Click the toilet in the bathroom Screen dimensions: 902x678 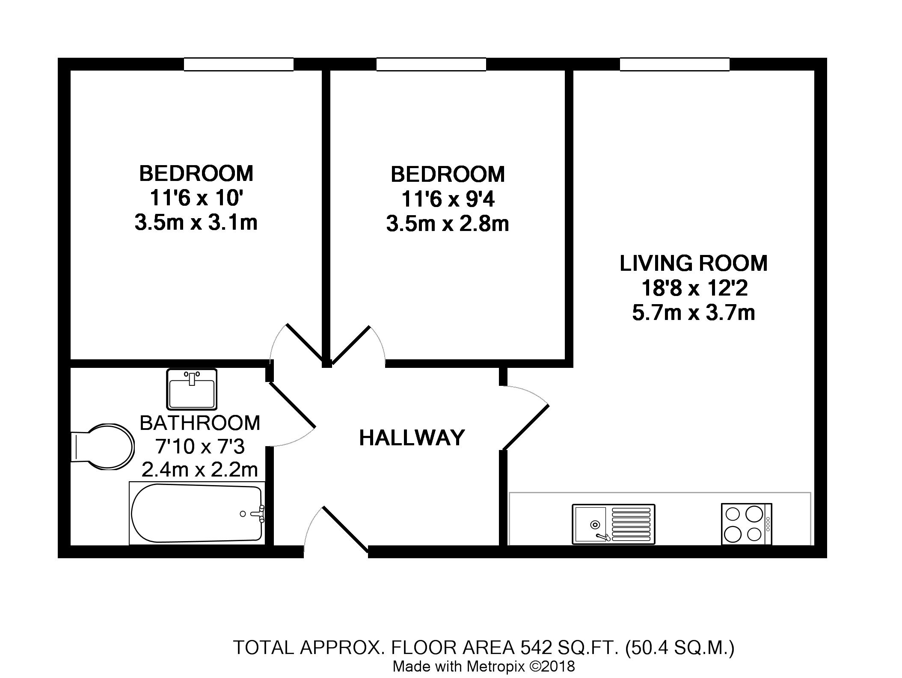[x=102, y=447]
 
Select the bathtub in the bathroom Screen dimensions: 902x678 [x=197, y=513]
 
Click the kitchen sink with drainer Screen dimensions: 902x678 [x=614, y=524]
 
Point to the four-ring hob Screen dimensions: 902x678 [x=747, y=524]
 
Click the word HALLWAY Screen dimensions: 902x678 [x=412, y=438]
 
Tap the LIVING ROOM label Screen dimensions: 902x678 [x=693, y=263]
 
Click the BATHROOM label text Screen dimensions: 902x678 [x=200, y=423]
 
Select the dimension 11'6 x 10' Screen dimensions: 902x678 [x=196, y=198]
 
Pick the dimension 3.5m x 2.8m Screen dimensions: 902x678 [x=448, y=224]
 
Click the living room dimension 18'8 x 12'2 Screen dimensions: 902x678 [x=694, y=288]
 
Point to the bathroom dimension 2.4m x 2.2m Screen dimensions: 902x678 [x=200, y=470]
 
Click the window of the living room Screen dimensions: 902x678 [x=674, y=64]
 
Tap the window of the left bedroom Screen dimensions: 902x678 [x=239, y=64]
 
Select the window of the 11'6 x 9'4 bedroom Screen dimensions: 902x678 [x=431, y=64]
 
